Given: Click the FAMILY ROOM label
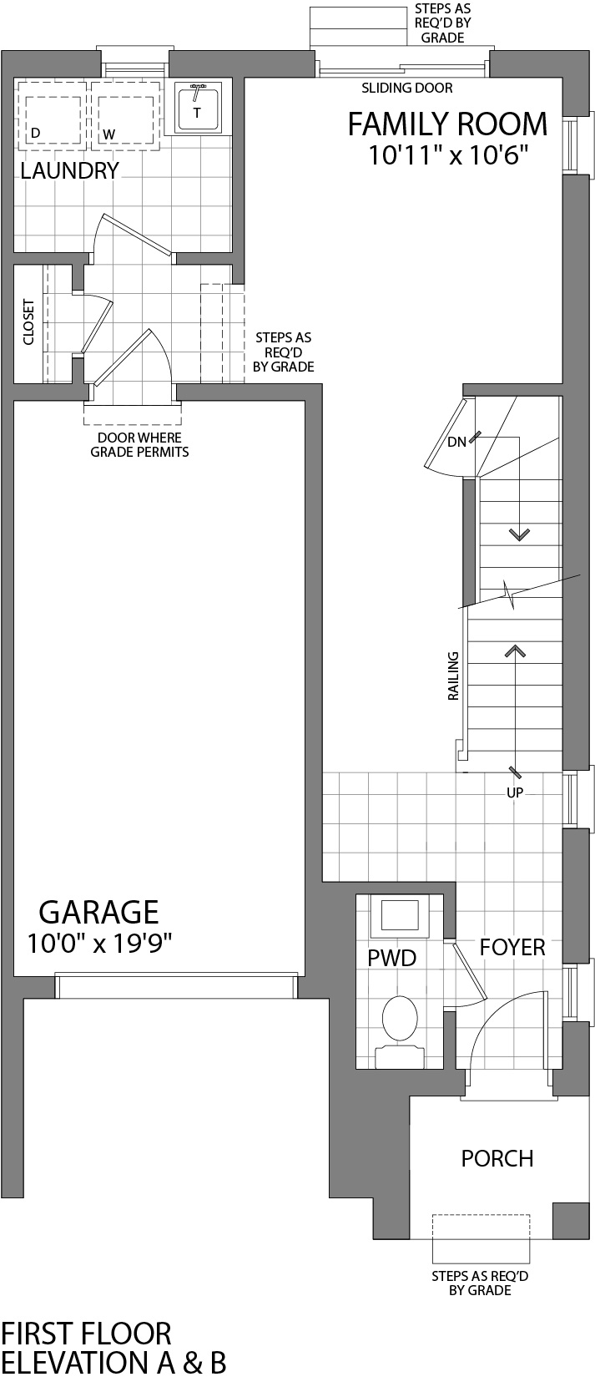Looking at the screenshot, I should tap(447, 124).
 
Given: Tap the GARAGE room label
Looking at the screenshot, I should tap(98, 911).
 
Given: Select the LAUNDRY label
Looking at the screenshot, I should tap(69, 171).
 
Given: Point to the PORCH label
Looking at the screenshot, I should tap(497, 1158).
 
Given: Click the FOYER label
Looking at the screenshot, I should tap(512, 947).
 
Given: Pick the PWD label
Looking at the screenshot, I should tap(391, 958).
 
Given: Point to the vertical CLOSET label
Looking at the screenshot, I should tap(28, 322).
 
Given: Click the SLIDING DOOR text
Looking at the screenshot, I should tap(406, 88).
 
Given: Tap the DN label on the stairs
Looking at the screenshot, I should tap(456, 443).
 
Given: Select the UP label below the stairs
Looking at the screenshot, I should tap(514, 792).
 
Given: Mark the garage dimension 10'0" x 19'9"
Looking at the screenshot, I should tap(98, 944).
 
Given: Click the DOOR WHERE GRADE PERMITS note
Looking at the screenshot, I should tap(139, 445).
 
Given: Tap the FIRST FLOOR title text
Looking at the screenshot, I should tap(86, 1334).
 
